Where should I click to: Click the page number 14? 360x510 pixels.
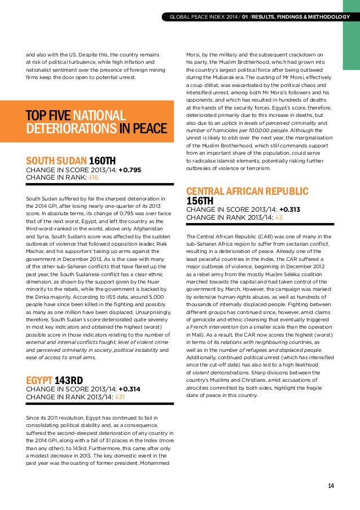331,486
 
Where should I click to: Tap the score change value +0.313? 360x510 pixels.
289,209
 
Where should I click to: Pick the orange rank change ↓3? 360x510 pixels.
278,217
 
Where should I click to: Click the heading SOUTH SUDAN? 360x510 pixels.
54,160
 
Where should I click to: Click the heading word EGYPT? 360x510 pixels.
39,380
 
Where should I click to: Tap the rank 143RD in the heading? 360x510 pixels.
69,380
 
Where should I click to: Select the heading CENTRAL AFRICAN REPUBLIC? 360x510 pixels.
247,190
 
